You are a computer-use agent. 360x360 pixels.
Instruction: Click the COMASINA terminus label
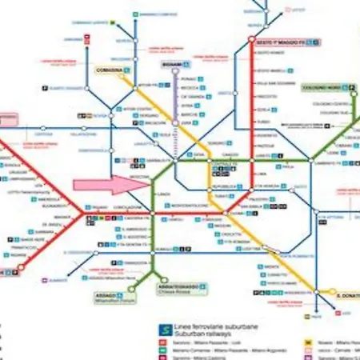click(110, 70)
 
